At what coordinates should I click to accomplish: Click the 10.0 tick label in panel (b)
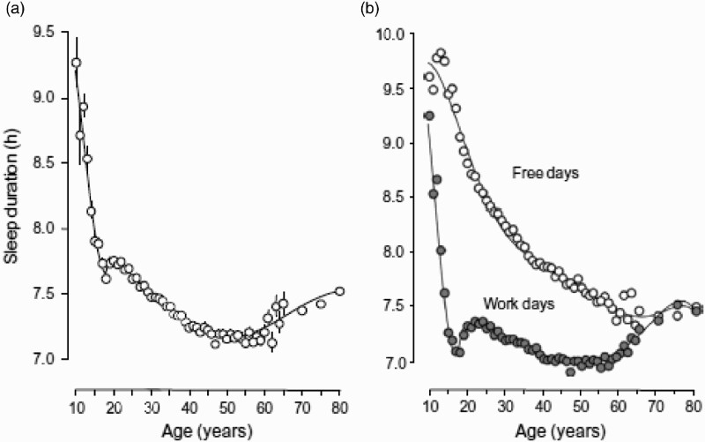(x=398, y=34)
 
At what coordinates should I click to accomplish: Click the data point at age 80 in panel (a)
(x=339, y=291)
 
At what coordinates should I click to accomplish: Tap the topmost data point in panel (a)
(x=76, y=63)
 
